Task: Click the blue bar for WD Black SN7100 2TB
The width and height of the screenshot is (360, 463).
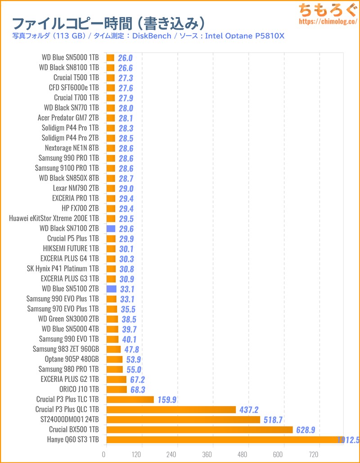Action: coord(111,229)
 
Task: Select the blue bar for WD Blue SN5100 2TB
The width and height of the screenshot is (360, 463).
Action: coord(111,289)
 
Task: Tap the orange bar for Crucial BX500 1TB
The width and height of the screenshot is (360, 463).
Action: coord(199,430)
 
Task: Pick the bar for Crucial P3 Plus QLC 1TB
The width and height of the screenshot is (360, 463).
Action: coord(171,409)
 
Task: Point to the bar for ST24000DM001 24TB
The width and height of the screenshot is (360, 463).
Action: coord(183,420)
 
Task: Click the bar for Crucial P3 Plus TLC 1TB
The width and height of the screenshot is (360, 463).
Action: coord(130,399)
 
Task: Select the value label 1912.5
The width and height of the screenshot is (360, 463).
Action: coord(347,440)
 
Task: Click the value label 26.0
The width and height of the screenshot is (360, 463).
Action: coord(126,58)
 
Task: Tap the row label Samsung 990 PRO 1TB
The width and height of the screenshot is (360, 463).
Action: coord(68,158)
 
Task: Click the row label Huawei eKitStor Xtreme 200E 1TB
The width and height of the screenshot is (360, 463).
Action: coord(54,218)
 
